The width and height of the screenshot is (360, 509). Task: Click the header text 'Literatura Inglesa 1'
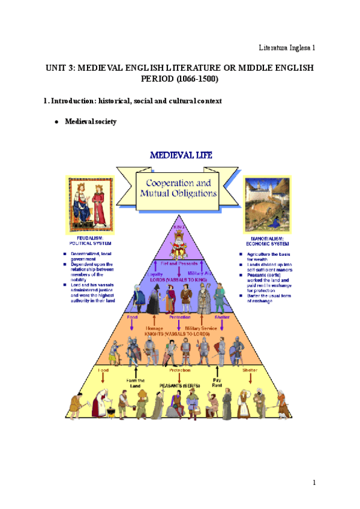[x=286, y=47]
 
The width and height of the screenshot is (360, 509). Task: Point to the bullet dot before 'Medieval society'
[x=56, y=122]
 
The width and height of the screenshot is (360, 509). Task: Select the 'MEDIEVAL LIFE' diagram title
[x=180, y=155]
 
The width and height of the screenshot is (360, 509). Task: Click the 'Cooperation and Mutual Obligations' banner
[x=178, y=187]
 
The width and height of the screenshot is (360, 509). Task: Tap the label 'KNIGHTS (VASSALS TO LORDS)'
[x=178, y=333]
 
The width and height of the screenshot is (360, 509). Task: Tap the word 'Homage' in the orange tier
[x=154, y=328]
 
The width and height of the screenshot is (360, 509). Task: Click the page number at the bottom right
[x=313, y=483]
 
